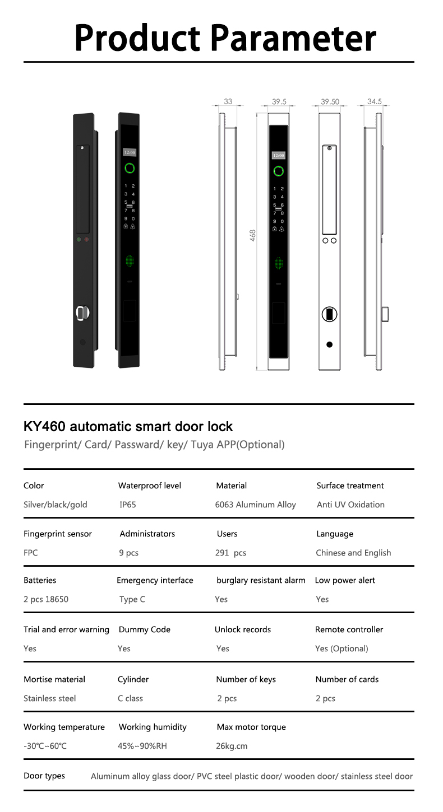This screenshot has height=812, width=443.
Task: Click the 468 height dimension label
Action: tap(253, 235)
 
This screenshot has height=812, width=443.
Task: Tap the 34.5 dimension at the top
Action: tap(374, 101)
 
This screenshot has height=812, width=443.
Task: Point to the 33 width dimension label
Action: tap(228, 101)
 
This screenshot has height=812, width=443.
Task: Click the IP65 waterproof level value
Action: tap(127, 505)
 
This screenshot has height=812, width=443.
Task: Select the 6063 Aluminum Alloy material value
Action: tap(255, 505)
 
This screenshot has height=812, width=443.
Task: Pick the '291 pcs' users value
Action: tap(230, 553)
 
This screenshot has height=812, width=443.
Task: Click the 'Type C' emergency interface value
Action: tap(132, 599)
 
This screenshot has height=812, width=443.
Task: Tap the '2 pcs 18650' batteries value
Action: tap(46, 599)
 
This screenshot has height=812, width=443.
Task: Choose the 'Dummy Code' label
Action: tap(144, 629)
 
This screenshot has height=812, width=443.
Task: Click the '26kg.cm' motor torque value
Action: tap(232, 746)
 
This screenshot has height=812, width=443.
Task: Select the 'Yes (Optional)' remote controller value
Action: tap(342, 648)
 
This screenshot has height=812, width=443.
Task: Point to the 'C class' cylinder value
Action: tap(130, 698)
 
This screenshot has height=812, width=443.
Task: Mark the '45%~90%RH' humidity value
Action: tap(142, 746)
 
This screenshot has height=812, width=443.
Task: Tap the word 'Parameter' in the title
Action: tap(296, 38)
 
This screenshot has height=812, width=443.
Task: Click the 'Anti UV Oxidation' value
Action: tap(350, 505)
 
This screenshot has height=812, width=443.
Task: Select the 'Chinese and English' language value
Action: tap(353, 553)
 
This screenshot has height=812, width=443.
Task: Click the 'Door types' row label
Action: tap(44, 776)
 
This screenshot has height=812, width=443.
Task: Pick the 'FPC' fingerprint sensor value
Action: tap(31, 553)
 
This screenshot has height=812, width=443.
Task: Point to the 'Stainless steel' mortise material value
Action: tap(49, 698)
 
